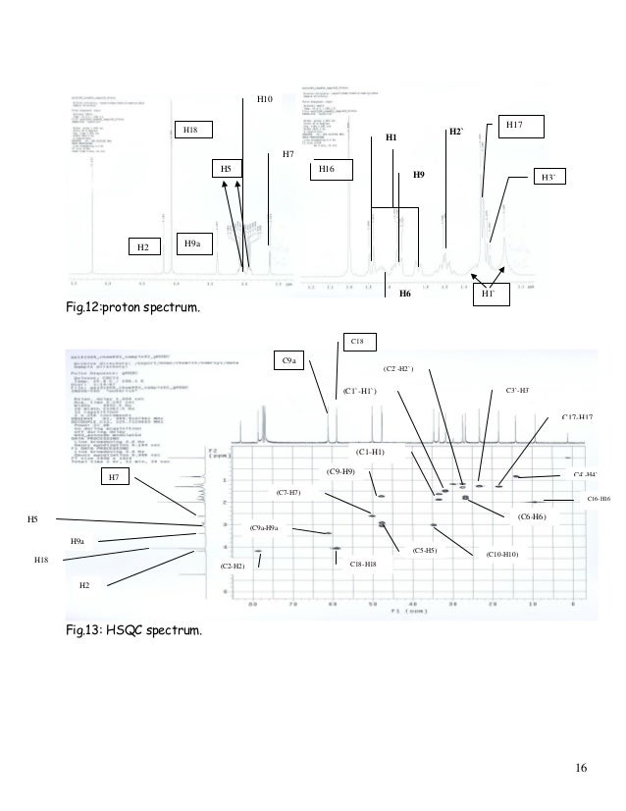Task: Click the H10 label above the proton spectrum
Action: [264, 99]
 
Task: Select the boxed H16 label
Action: [328, 170]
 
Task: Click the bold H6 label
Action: [403, 293]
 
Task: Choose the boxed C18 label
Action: [357, 341]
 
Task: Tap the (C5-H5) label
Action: [432, 551]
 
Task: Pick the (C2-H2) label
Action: [233, 568]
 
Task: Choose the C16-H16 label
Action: [599, 500]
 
